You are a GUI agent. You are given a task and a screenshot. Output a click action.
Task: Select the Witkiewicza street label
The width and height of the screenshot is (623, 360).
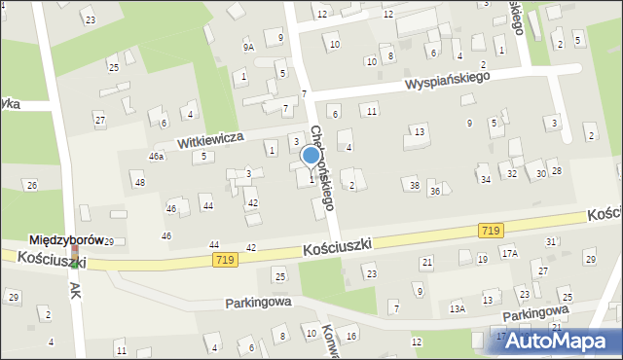[209, 140]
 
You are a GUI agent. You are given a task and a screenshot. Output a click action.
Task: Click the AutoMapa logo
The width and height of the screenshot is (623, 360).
[559, 341]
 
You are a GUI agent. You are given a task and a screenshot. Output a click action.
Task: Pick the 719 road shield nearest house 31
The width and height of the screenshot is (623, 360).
[491, 230]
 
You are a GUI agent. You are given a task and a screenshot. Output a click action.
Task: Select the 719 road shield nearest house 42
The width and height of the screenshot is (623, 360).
[226, 260]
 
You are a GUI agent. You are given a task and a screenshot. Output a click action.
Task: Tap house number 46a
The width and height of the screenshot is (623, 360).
[156, 156]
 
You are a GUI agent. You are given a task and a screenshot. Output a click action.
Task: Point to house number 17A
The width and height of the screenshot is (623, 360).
[509, 252]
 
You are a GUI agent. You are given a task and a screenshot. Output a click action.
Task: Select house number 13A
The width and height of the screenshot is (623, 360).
[457, 308]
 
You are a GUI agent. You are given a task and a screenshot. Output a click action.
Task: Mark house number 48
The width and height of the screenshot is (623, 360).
[139, 182]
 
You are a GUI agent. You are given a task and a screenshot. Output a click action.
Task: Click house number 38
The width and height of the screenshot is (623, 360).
[414, 185]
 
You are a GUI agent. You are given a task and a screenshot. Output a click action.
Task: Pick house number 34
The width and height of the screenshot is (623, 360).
[485, 179]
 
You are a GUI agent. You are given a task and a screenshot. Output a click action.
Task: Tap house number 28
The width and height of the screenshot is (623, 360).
[556, 171]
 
